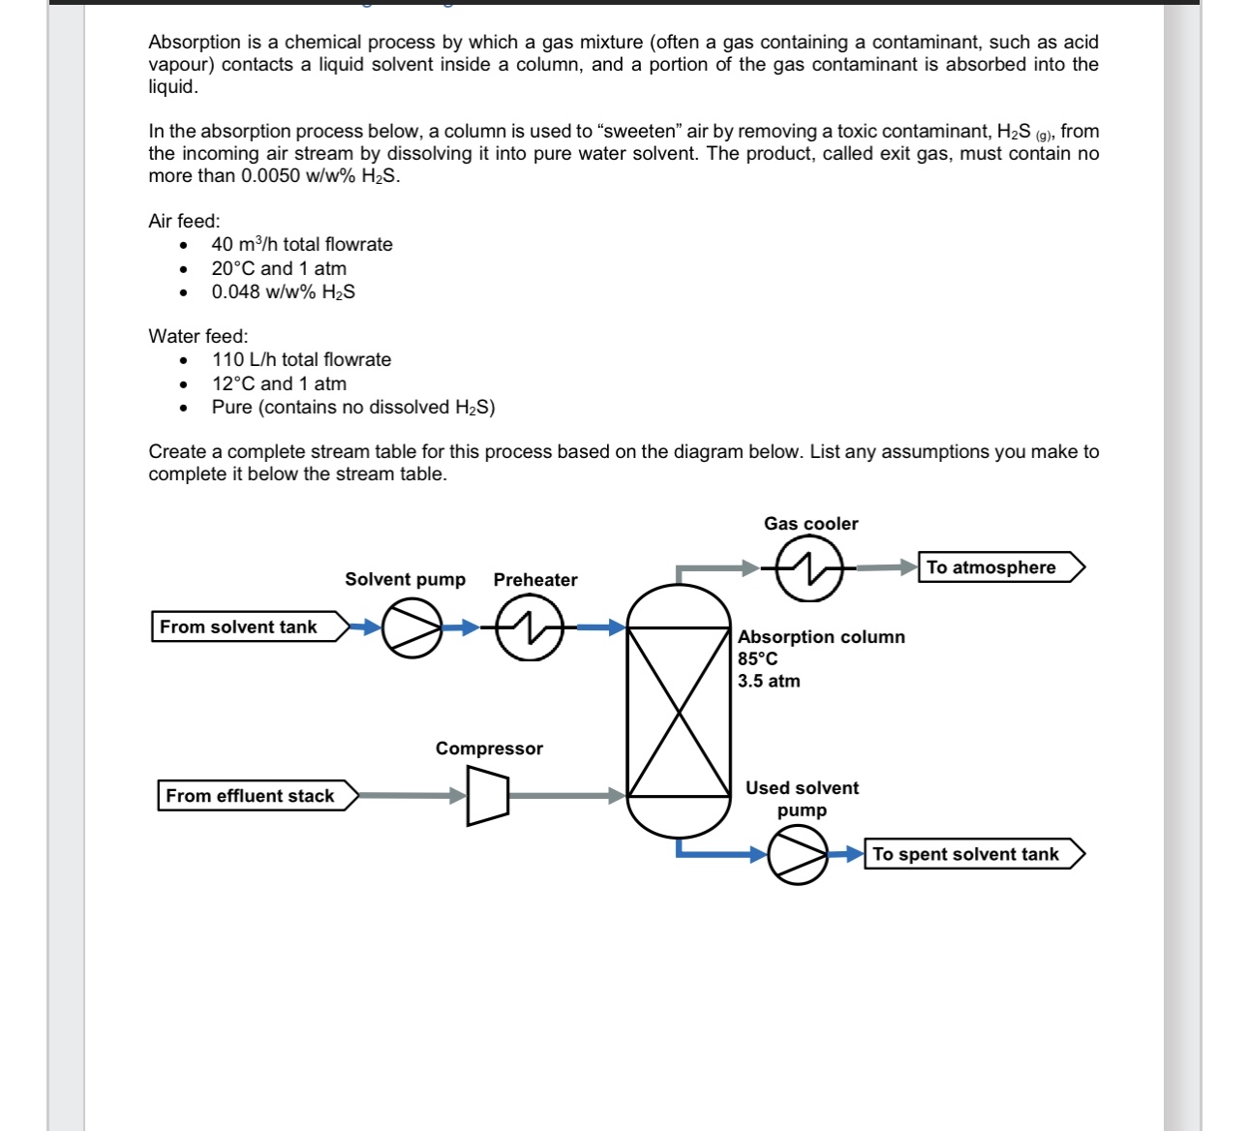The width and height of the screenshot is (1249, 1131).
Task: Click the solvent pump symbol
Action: coord(412,627)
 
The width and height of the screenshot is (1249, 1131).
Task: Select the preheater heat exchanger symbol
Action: coord(530,627)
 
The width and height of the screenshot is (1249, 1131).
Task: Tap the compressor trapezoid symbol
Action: coord(487,796)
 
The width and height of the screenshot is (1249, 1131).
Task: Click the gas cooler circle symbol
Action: coord(808,567)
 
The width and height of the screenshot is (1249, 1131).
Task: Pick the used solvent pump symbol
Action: coord(798,854)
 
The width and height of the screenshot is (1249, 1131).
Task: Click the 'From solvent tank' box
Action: coord(248,627)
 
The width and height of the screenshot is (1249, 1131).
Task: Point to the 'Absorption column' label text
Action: coord(821,636)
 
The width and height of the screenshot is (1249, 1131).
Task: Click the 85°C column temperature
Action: coord(757,658)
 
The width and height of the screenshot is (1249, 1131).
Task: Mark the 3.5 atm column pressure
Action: coord(769,681)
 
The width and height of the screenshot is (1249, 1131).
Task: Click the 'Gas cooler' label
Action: coord(810,524)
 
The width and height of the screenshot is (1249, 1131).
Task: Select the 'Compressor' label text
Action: coord(489,749)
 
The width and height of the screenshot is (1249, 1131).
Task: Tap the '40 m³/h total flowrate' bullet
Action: coord(302,244)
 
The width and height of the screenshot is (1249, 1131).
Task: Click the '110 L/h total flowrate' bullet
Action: coord(302,359)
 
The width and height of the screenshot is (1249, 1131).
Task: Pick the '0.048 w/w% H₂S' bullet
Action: coord(284,291)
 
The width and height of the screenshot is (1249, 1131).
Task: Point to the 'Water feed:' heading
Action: coord(198,336)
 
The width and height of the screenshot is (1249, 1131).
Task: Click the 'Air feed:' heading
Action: coord(184,221)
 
